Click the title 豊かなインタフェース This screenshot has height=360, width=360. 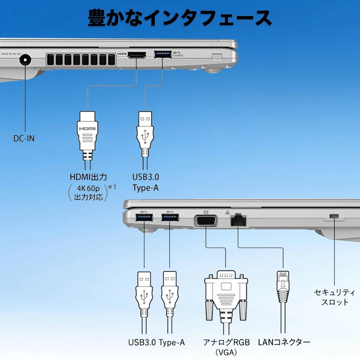click(180, 18)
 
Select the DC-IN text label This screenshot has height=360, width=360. click(24, 138)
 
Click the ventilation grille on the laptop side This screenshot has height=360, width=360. click(81, 59)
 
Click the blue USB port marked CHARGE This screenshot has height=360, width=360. click(162, 55)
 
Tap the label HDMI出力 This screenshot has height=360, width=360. click(88, 177)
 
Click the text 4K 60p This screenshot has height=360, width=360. click(88, 189)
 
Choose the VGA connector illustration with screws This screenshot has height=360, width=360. click(226, 292)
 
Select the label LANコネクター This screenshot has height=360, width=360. click(284, 342)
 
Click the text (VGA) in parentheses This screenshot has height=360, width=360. click(226, 352)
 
